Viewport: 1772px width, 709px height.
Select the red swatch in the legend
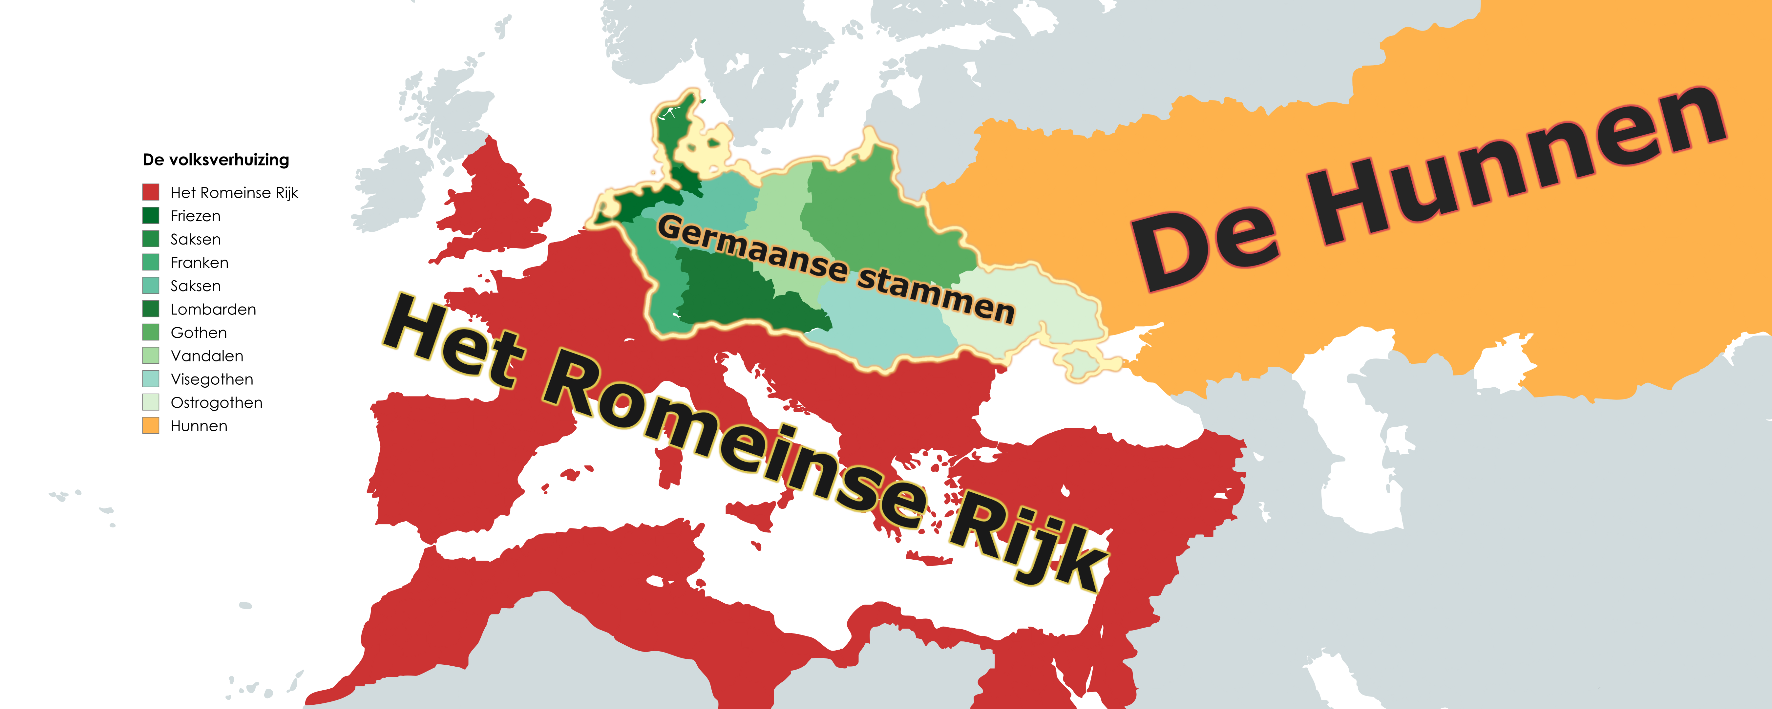click(x=151, y=192)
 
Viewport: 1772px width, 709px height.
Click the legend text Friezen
click(x=195, y=216)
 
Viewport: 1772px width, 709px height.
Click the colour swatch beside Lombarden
click(x=151, y=309)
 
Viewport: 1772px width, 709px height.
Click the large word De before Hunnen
click(x=1204, y=248)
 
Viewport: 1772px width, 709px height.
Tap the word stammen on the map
click(x=936, y=296)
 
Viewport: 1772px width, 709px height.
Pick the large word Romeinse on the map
click(x=736, y=447)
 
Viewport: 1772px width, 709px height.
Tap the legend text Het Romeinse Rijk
click(x=234, y=193)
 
